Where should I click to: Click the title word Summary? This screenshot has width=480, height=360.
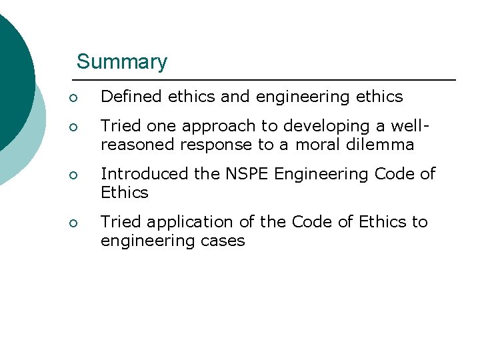[x=122, y=62]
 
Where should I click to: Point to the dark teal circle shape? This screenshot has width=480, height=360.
[x=12, y=73]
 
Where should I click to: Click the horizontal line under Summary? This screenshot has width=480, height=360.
[x=267, y=81]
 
